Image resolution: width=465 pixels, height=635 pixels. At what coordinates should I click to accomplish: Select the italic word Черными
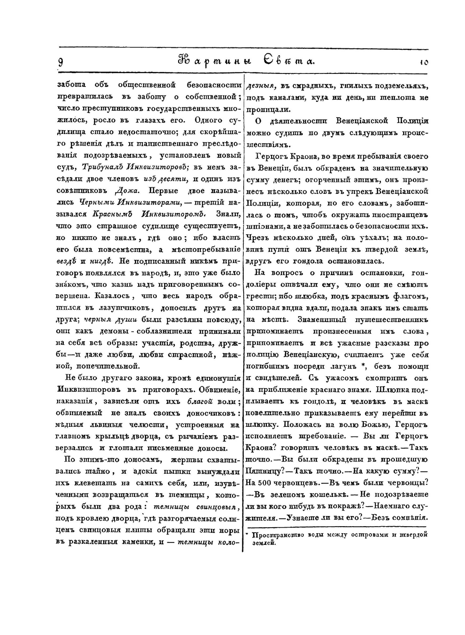[96, 202]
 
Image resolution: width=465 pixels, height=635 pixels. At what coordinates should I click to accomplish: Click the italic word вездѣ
[67, 261]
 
